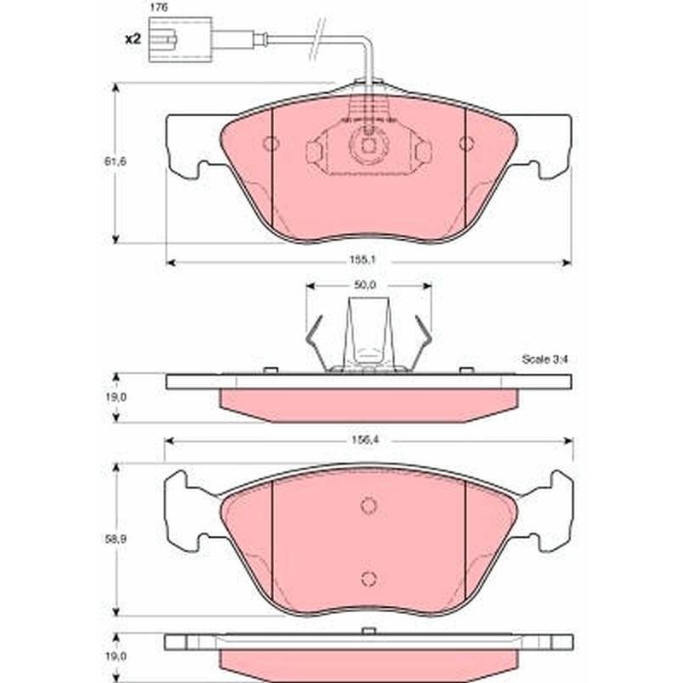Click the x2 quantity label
coord(133,39)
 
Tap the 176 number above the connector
coord(159,8)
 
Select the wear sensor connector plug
coord(180,39)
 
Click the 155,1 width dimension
coord(362,260)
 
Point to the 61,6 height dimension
coord(114,161)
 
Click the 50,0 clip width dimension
coord(365,285)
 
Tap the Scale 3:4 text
coord(545,359)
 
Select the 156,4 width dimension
coord(366,440)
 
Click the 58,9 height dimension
coord(115,540)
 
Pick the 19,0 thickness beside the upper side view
coord(115,397)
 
